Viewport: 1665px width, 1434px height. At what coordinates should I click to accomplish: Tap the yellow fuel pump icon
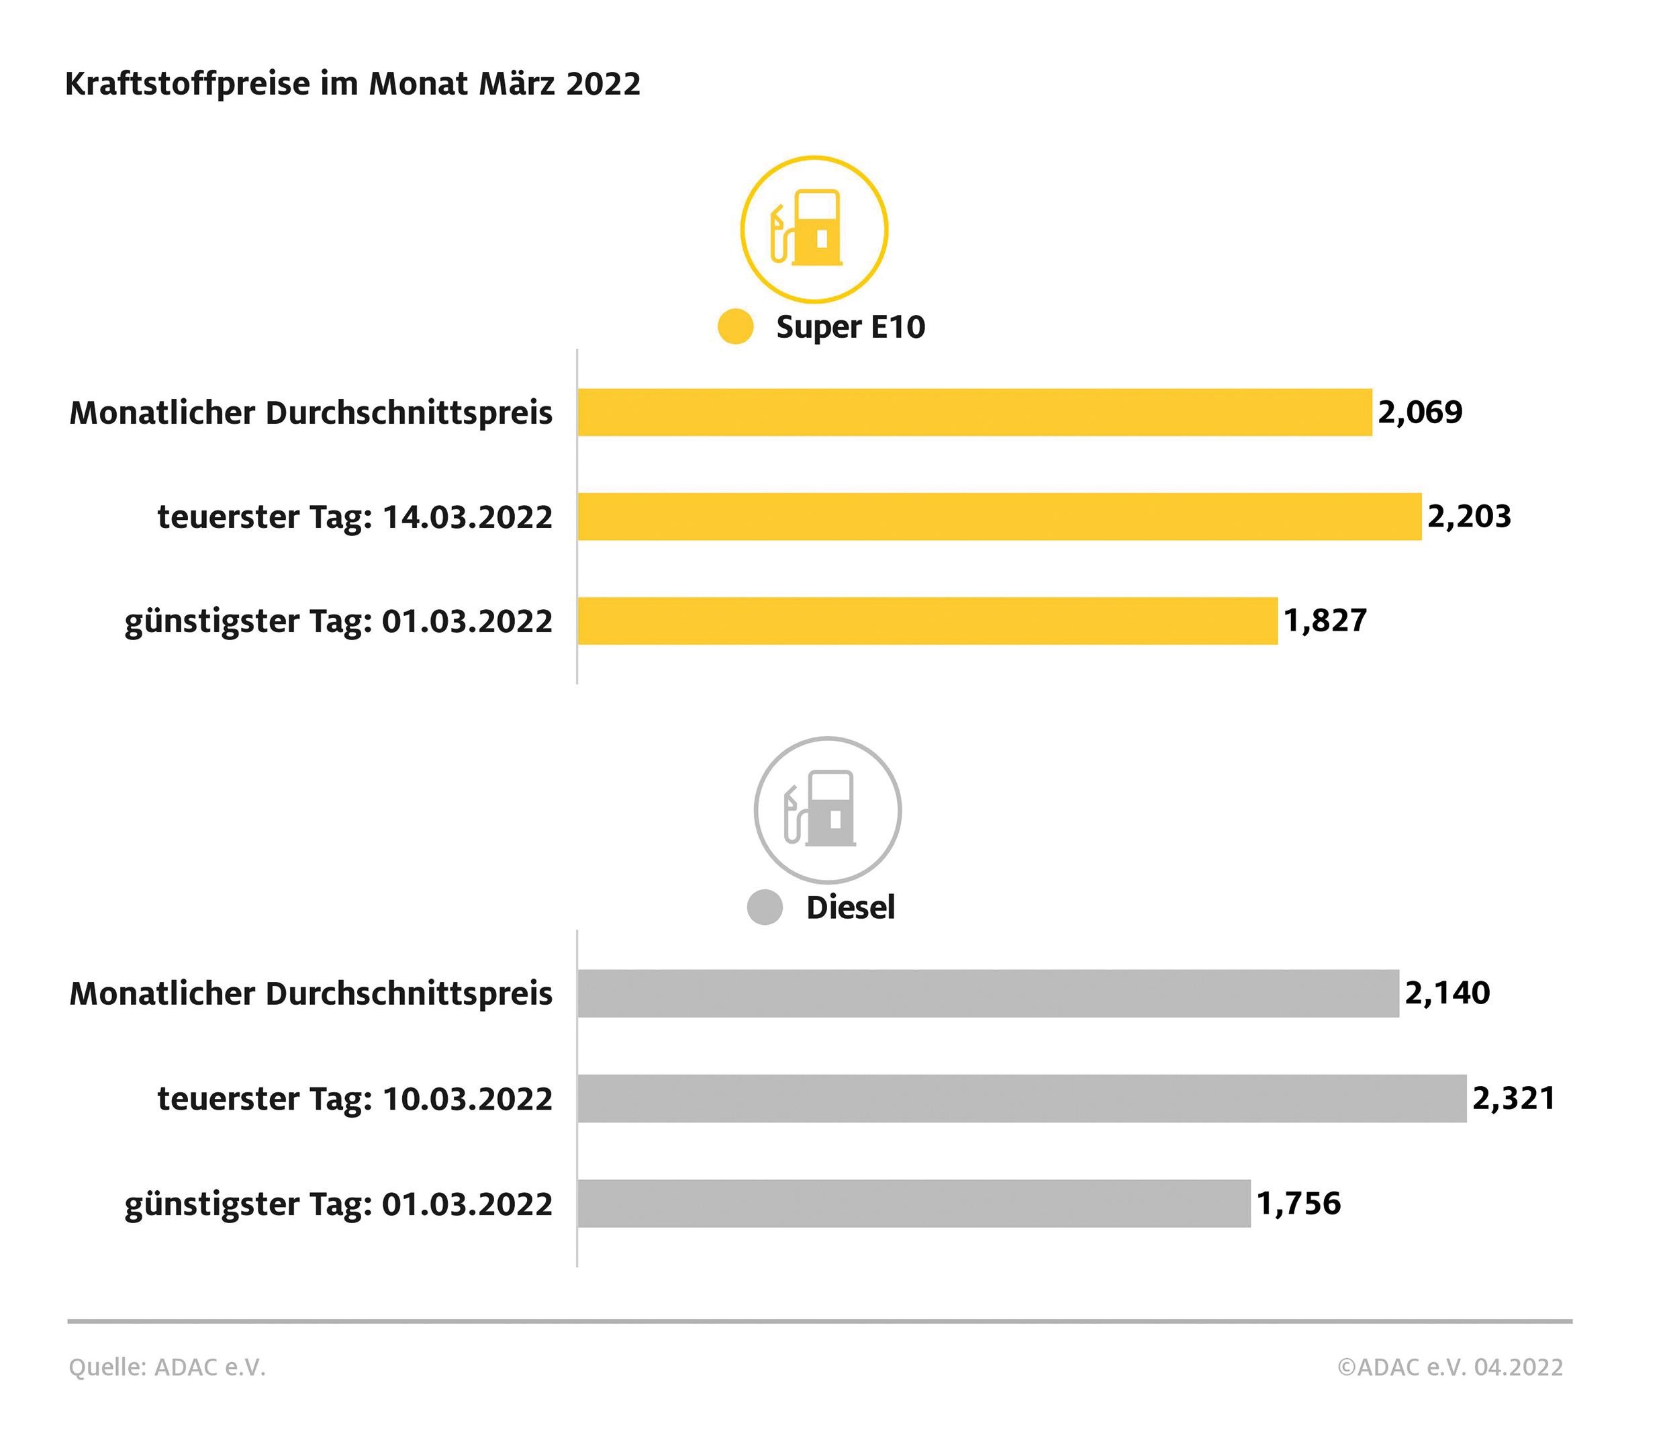click(813, 230)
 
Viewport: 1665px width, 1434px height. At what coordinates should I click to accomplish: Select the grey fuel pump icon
click(827, 810)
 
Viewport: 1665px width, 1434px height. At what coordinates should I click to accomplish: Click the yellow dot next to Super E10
click(735, 326)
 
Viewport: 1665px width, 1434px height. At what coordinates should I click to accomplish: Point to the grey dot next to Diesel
click(764, 907)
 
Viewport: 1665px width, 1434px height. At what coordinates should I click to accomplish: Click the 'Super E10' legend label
click(850, 327)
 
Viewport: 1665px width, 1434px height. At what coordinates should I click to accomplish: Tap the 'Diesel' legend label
click(850, 907)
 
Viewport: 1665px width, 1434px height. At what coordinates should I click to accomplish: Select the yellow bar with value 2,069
click(974, 412)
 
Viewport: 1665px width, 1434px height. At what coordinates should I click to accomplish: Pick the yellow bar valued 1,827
click(927, 621)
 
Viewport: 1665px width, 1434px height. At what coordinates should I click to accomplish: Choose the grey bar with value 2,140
click(988, 993)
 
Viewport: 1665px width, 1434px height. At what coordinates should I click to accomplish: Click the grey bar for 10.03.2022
click(1021, 1098)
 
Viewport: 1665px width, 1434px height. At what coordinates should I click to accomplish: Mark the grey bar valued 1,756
click(914, 1204)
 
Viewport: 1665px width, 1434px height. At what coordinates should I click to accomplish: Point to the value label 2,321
click(1514, 1098)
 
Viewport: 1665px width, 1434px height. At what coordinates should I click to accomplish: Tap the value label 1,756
click(1298, 1204)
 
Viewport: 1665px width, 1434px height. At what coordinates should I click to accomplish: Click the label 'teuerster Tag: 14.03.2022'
click(355, 517)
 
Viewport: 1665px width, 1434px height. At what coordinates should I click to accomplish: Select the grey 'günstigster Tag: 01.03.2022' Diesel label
click(338, 1205)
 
